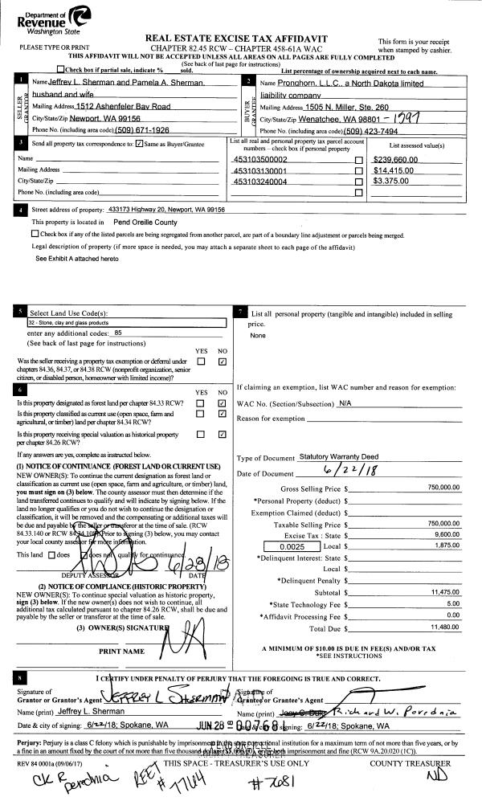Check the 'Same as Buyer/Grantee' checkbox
tap(139, 143)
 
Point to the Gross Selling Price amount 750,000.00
tap(443, 488)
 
